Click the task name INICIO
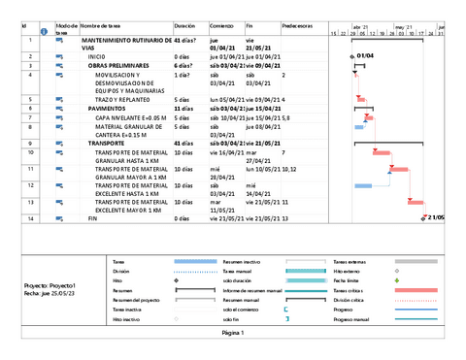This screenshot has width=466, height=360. pyautogui.click(x=97, y=57)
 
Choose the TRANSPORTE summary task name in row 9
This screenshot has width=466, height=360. pyautogui.click(x=107, y=143)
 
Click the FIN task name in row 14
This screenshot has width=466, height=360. pyautogui.click(x=93, y=219)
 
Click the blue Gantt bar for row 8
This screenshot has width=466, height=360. pyautogui.click(x=358, y=127)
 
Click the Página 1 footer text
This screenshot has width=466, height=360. pyautogui.click(x=233, y=332)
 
